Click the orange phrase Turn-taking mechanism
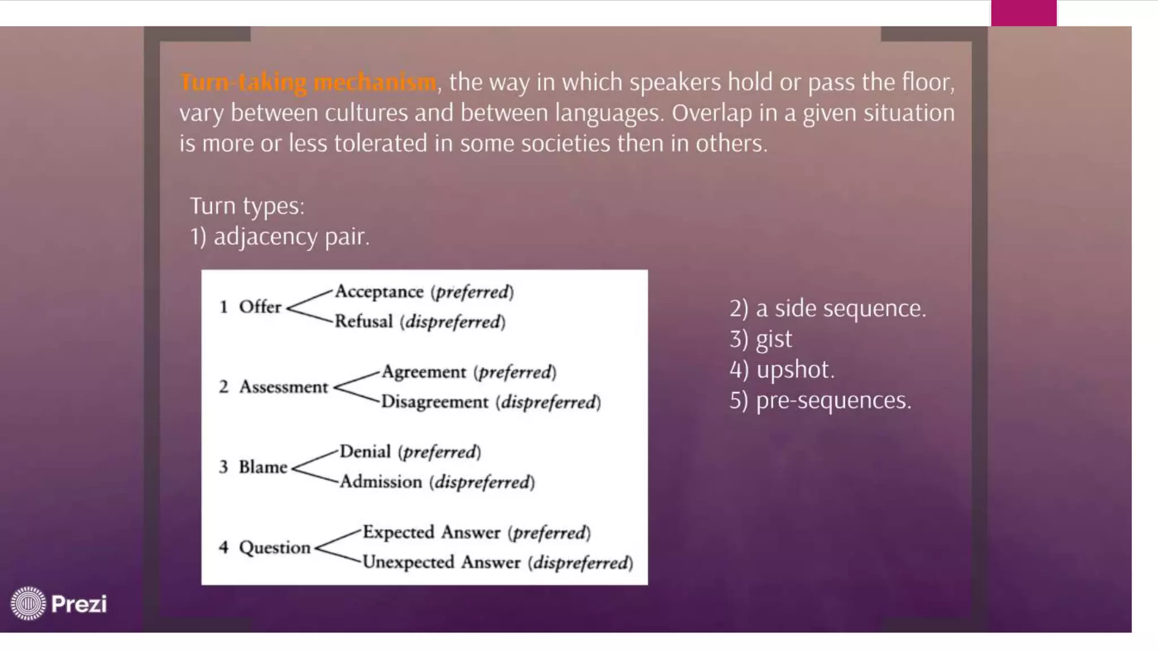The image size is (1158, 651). click(308, 83)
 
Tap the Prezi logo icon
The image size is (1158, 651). click(28, 603)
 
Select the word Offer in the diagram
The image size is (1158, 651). click(260, 307)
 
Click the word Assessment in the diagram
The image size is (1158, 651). click(283, 387)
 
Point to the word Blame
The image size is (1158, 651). click(263, 467)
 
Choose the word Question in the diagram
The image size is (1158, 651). click(275, 548)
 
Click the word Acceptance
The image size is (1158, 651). click(379, 292)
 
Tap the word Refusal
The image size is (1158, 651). click(364, 322)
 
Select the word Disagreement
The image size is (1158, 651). click(434, 402)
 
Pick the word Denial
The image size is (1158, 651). click(365, 452)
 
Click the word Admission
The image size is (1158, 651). click(381, 482)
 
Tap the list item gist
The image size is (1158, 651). click(774, 339)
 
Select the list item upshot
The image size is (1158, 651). click(794, 370)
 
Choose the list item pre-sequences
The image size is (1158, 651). click(833, 400)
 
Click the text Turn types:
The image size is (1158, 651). click(247, 206)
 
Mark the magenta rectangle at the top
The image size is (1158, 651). click(1023, 12)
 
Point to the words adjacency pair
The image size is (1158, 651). click(291, 236)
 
